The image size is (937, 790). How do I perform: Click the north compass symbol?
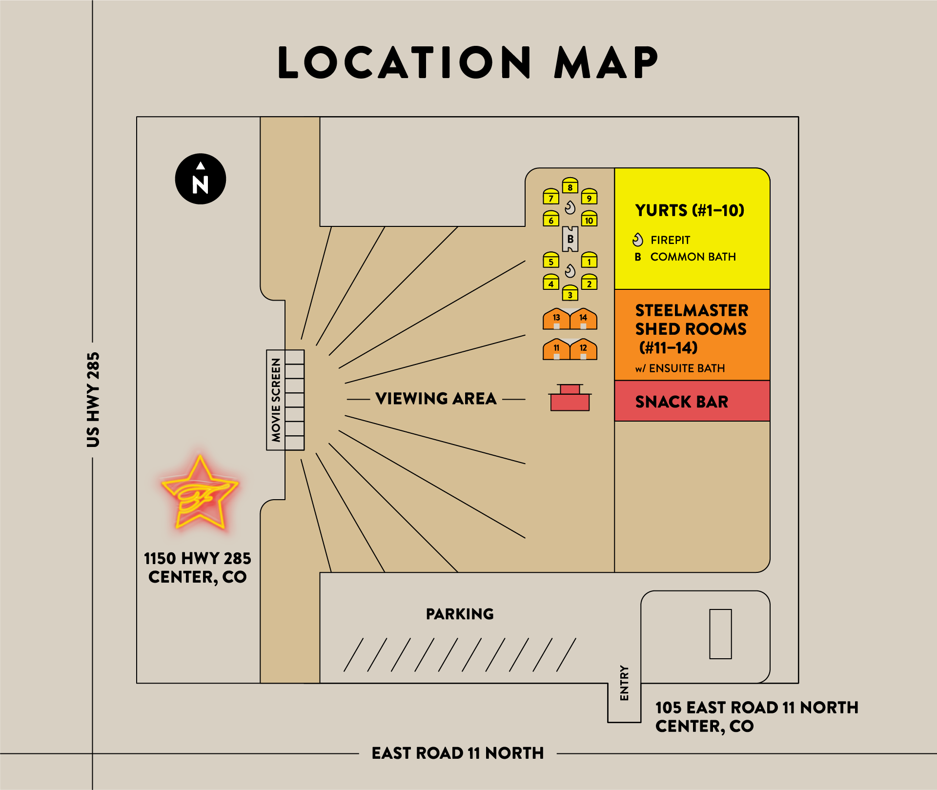[200, 179]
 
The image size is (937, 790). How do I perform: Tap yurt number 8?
[570, 186]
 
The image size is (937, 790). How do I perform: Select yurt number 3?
[570, 293]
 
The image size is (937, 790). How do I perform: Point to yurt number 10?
[589, 219]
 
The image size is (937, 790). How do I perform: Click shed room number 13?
[556, 319]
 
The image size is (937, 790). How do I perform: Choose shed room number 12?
[583, 349]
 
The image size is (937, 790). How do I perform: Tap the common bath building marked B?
[570, 239]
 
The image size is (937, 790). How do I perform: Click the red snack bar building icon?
[570, 399]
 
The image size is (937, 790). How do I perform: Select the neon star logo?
[200, 493]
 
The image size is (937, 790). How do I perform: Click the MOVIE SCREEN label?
[276, 400]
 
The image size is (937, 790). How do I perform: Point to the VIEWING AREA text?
[436, 399]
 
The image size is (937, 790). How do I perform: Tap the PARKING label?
[460, 614]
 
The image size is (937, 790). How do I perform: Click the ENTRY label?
[624, 683]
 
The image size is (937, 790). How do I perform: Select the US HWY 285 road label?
[93, 400]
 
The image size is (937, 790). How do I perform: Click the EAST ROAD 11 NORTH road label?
[457, 753]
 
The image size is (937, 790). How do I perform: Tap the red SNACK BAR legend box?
[692, 401]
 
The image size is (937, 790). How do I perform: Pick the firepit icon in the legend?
[638, 240]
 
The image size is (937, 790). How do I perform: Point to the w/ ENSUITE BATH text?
[680, 368]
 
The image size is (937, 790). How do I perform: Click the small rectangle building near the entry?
[720, 634]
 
